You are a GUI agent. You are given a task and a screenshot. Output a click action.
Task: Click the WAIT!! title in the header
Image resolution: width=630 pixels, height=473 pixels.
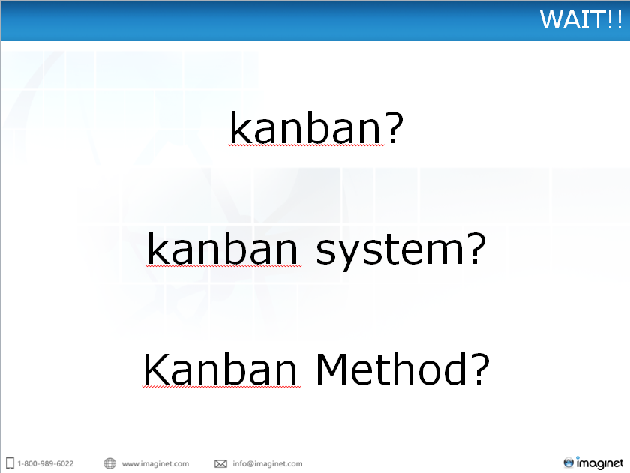pos(581,19)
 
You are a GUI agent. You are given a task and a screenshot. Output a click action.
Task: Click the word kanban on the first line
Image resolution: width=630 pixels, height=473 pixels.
pos(305,127)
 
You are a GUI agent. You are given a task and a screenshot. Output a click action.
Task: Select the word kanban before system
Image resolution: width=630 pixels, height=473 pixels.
pos(223,247)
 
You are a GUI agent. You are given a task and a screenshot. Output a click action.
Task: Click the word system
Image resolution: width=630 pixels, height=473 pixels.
pos(391,251)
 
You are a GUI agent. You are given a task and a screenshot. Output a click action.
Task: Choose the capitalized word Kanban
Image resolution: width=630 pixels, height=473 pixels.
pos(220,369)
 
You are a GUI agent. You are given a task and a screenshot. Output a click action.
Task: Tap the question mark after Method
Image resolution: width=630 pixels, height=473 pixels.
pos(481,369)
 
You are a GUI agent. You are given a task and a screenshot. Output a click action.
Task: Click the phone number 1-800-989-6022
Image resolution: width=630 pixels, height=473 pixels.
pos(46,463)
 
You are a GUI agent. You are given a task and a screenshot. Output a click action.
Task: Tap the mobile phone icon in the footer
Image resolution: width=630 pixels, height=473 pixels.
pos(10,463)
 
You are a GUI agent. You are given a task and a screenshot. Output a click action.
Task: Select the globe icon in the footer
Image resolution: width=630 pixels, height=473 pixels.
pos(109,463)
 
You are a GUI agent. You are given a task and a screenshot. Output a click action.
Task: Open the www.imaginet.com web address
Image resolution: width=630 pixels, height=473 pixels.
pos(155,464)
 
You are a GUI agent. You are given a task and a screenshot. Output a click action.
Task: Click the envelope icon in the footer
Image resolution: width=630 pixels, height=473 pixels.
pos(220,464)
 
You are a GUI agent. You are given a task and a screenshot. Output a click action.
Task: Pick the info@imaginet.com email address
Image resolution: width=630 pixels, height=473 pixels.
pos(268,464)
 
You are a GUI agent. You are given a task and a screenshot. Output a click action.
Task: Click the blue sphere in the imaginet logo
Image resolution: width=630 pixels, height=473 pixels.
pos(568,463)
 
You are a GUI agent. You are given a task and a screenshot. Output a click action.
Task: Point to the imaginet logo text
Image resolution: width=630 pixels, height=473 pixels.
pos(600,463)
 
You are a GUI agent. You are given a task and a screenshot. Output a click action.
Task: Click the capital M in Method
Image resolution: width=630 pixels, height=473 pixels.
pos(331,369)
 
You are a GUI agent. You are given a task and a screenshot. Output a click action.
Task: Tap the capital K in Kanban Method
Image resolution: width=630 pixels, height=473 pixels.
pos(156,370)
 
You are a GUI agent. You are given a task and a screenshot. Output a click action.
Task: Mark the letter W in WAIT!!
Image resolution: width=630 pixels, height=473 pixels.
pos(552,19)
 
